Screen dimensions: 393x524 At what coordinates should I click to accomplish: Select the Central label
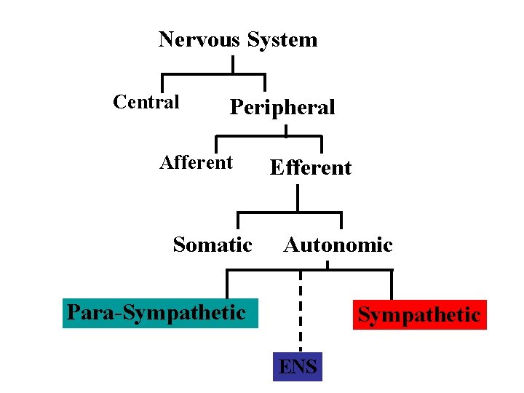146,102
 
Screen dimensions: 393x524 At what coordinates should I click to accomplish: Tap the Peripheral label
282,108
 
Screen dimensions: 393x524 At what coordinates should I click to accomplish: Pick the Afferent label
196,162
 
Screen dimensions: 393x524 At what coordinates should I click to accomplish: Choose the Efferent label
310,168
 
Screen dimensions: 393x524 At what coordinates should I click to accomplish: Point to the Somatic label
213,245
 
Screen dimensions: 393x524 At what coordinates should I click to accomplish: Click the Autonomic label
338,245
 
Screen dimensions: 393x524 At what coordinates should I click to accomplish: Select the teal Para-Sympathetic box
160,313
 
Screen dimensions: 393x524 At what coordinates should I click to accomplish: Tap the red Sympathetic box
419,315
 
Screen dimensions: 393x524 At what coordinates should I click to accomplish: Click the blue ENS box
298,367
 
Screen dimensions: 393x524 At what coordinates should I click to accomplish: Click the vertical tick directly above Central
162,82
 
